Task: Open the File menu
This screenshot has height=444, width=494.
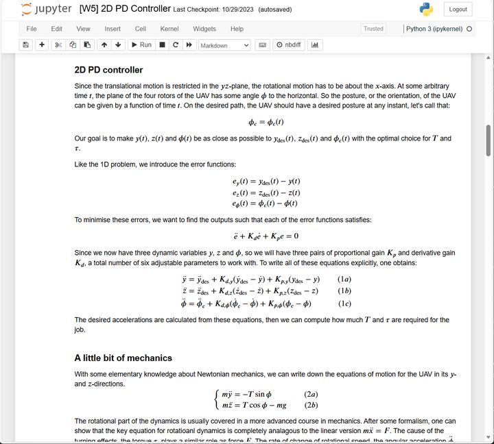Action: click(x=32, y=29)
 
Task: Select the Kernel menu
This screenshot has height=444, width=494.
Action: click(x=169, y=29)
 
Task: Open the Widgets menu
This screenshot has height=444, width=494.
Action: click(x=204, y=29)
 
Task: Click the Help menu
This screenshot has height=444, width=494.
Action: click(x=237, y=29)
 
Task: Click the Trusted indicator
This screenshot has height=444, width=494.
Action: click(x=373, y=29)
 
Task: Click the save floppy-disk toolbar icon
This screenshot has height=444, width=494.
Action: click(x=26, y=45)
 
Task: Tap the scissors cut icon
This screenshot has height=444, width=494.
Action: click(x=58, y=45)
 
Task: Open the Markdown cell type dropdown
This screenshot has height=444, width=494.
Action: click(x=224, y=45)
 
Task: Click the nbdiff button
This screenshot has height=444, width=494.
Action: click(x=289, y=45)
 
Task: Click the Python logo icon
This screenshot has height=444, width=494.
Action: click(x=426, y=10)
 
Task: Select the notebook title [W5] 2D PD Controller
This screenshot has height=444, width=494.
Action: click(x=125, y=9)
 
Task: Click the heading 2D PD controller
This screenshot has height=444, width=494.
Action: click(x=108, y=70)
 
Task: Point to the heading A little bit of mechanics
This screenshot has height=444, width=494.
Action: click(x=123, y=358)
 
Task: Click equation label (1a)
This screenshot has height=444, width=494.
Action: click(x=344, y=280)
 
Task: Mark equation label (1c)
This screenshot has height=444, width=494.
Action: click(x=344, y=304)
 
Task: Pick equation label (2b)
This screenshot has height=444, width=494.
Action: click(x=311, y=406)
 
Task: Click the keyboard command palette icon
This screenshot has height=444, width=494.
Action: click(x=262, y=45)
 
